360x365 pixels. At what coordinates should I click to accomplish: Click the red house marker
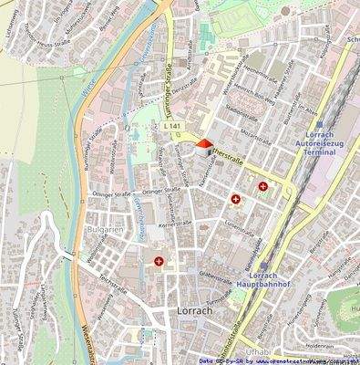point(203,144)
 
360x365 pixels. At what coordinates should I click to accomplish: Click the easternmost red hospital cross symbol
point(262,187)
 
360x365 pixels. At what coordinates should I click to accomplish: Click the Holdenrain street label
point(320,347)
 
